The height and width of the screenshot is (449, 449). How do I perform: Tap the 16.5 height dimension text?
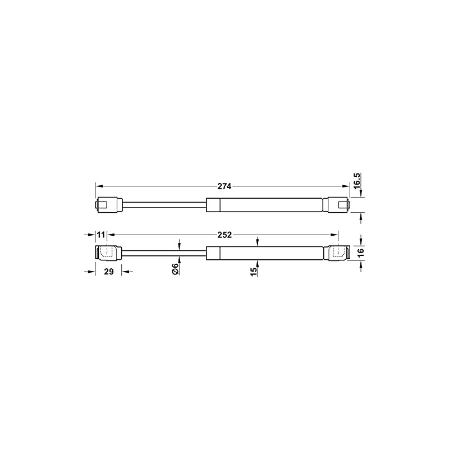click(x=358, y=182)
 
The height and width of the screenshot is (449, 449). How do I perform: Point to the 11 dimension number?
click(x=101, y=234)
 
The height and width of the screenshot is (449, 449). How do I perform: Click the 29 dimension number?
click(x=109, y=272)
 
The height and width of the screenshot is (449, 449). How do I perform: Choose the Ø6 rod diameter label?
click(x=175, y=269)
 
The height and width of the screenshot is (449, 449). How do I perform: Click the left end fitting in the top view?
click(x=107, y=204)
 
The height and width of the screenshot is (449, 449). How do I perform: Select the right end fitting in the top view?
click(x=337, y=204)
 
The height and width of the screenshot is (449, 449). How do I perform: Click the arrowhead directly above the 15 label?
click(x=257, y=243)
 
